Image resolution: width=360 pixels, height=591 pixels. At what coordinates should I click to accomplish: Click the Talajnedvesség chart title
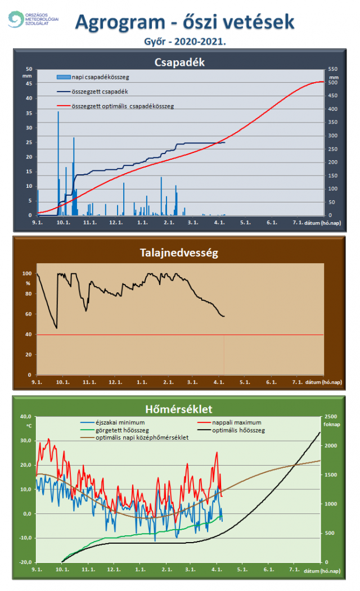click(178, 253)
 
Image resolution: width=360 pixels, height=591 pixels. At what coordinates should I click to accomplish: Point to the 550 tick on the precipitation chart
click(334, 69)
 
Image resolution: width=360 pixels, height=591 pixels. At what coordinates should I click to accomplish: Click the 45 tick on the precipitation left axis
click(29, 84)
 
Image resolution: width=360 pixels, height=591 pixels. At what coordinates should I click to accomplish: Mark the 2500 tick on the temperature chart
click(332, 417)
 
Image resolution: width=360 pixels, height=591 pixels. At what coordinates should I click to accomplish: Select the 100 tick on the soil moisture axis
click(26, 274)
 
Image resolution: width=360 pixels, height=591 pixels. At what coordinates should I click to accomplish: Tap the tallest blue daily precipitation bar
click(58, 163)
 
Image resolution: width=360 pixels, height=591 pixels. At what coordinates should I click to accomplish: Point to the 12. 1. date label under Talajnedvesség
click(116, 382)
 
